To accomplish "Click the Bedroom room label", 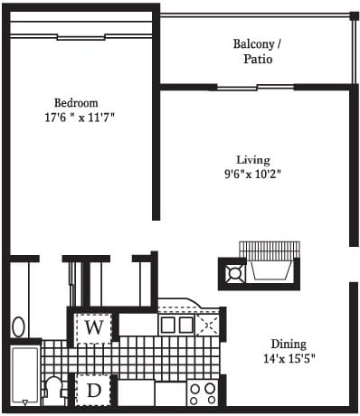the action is tap(76, 103).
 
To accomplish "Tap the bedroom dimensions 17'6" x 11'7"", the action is tap(80, 118).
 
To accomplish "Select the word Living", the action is tap(253, 160).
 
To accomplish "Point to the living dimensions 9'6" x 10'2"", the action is tap(252, 175).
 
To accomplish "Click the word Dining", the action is tap(289, 345).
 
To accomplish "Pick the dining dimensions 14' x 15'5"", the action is tap(289, 359).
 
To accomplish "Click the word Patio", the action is tap(258, 59).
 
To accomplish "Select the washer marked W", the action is tap(93, 328).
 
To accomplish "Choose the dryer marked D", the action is tap(93, 391).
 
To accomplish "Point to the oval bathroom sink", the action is tap(19, 326).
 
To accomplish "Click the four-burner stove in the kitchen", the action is tap(203, 393).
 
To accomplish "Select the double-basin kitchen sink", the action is tap(176, 325).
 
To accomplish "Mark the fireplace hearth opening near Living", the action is tap(270, 270).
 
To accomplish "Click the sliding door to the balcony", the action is tap(255, 88).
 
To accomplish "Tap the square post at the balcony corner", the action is tap(354, 16).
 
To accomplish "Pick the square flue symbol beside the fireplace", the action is tap(236, 274).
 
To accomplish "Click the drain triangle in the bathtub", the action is tap(25, 402).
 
